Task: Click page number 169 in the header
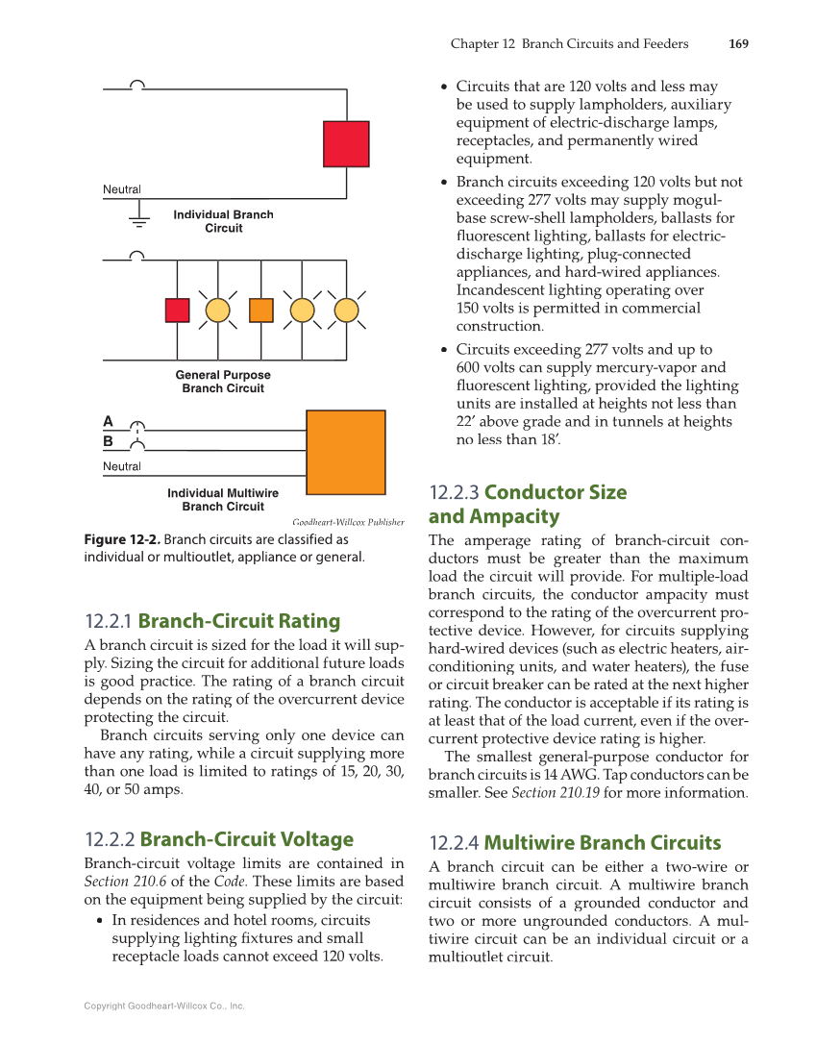coord(738,44)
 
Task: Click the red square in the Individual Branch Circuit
coord(346,144)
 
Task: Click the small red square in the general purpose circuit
coord(177,311)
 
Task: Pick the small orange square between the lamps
coord(260,311)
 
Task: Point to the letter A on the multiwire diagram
coord(109,421)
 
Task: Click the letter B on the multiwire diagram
coord(109,442)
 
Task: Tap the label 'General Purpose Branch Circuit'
coord(223,382)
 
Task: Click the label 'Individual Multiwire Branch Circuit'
coord(223,500)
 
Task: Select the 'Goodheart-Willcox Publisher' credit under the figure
coord(348,522)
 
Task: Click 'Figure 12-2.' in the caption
coord(122,540)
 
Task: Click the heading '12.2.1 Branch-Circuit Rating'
coord(212,620)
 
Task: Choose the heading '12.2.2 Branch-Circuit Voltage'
coord(219,839)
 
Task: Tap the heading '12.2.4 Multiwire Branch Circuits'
coord(575,843)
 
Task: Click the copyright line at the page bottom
coord(164,1007)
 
